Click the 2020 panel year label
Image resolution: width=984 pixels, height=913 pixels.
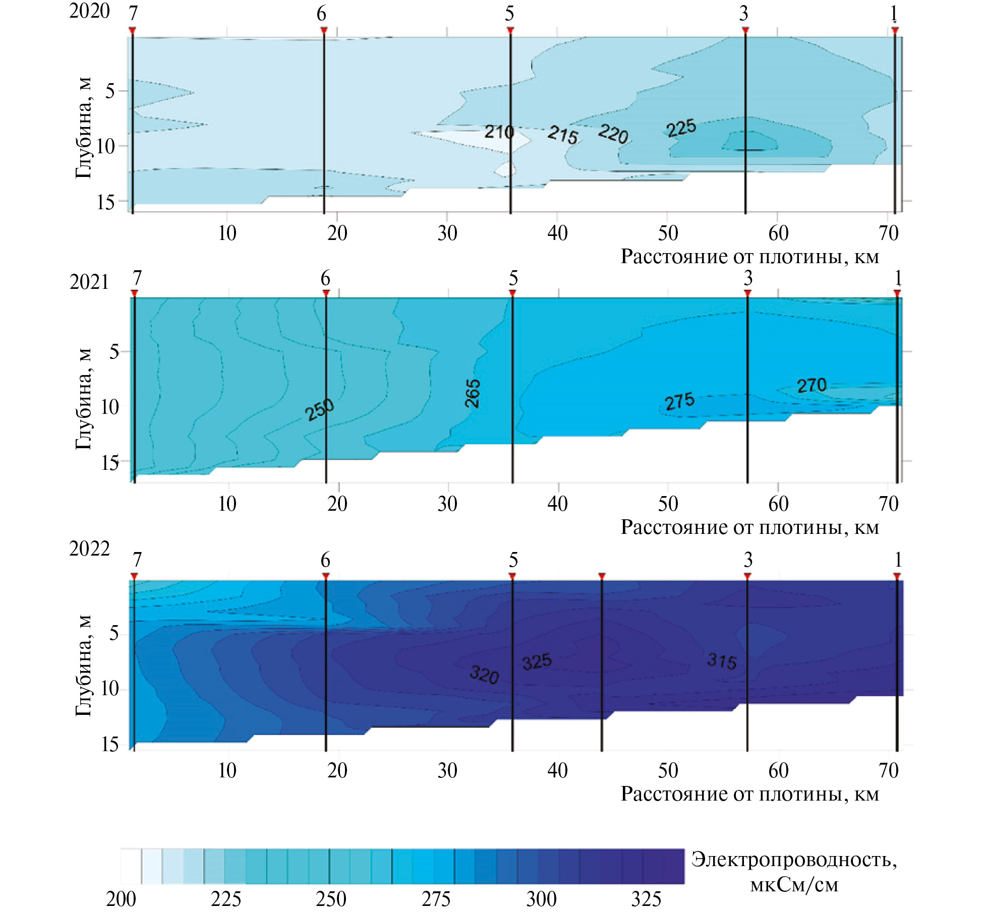[x=89, y=11]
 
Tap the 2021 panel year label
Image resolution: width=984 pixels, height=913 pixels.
[x=89, y=282]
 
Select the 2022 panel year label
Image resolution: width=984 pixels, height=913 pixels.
[x=89, y=549]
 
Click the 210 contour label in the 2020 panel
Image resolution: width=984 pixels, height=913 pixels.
[x=499, y=132]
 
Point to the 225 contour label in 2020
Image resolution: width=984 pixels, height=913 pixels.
[x=681, y=128]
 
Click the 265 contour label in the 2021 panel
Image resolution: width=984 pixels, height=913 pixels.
[x=473, y=393]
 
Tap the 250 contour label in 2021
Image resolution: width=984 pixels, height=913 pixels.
[x=319, y=409]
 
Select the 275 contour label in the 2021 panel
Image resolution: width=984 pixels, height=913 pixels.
[x=679, y=402]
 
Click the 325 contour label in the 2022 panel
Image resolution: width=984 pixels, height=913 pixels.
[x=537, y=662]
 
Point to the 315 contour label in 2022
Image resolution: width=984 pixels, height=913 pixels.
[x=722, y=660]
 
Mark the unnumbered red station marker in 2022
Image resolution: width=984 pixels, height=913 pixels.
[x=602, y=576]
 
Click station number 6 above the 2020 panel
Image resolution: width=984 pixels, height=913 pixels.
[x=321, y=14]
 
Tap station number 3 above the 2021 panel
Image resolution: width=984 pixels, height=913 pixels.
[x=748, y=278]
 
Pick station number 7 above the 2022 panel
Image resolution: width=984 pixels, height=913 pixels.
[x=137, y=560]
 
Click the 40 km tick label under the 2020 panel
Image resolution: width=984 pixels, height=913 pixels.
[x=557, y=233]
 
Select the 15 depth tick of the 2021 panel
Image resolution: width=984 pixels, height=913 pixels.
[x=109, y=462]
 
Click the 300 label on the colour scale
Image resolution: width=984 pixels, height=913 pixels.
[x=541, y=899]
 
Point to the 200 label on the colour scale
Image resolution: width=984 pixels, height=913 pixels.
[x=121, y=899]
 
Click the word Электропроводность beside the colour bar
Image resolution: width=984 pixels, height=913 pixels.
[x=794, y=860]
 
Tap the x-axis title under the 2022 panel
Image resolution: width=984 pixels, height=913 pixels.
[x=749, y=794]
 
